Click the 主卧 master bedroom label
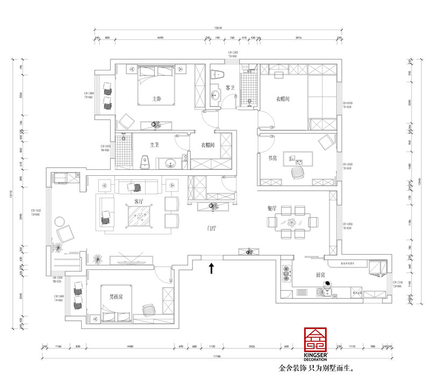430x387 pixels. (157, 99)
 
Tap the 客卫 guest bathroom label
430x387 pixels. (230, 87)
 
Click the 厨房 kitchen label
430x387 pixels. (321, 275)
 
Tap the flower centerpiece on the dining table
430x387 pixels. (292, 221)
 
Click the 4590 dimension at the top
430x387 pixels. (160, 38)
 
